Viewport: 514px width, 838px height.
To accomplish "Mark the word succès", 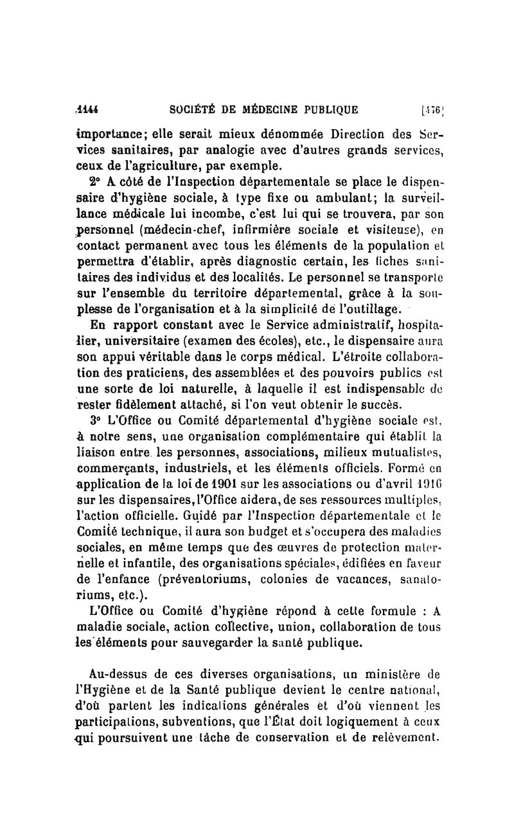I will pyautogui.click(x=379, y=404).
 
